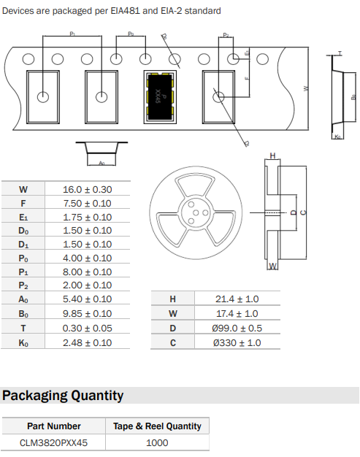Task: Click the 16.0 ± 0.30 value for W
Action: point(88,190)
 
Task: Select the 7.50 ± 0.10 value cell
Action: point(88,203)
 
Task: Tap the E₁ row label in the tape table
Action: point(23,218)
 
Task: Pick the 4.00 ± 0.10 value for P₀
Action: point(88,258)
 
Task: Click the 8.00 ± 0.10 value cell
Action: point(88,272)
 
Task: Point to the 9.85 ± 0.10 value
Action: point(88,314)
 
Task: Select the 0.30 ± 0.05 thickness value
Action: point(88,329)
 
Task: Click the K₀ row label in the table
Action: point(23,343)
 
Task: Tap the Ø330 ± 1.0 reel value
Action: point(237,343)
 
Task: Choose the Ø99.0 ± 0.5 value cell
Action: point(237,329)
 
